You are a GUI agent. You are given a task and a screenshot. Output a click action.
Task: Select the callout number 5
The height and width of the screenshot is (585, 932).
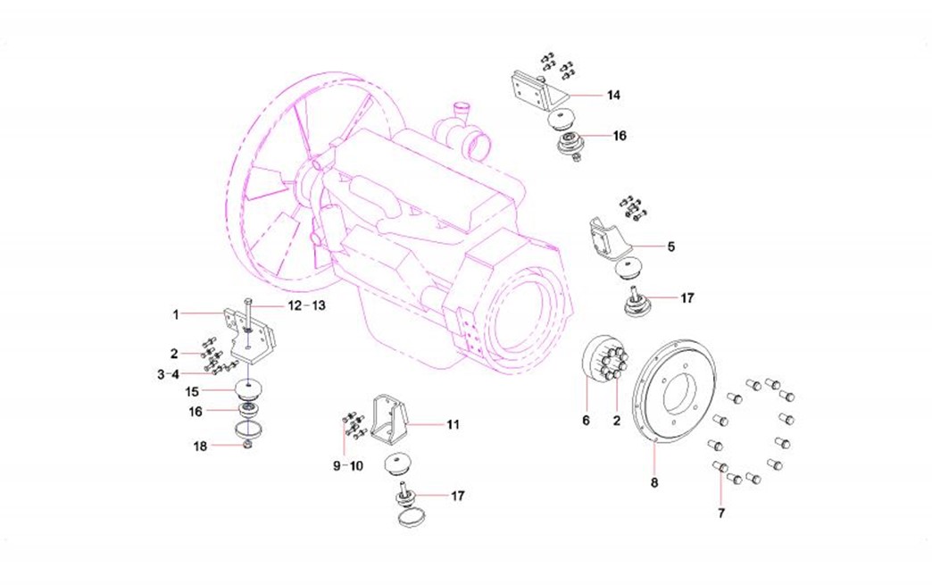(670, 245)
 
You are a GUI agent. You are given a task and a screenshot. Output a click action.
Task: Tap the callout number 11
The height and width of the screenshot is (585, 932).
(453, 425)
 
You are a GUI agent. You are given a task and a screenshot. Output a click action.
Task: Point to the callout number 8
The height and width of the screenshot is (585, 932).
(654, 483)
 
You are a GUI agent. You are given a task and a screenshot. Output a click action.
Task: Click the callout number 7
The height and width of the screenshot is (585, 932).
(720, 513)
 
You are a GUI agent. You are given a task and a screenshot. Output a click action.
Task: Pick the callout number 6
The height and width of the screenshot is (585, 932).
(587, 420)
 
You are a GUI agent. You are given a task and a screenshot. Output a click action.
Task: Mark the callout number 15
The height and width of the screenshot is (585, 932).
(192, 391)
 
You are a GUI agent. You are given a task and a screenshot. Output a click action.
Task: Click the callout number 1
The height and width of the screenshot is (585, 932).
(177, 314)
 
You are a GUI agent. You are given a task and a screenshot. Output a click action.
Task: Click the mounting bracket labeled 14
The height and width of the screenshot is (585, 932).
(533, 88)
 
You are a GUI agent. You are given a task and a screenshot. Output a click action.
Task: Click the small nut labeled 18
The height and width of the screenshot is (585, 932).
(248, 444)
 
